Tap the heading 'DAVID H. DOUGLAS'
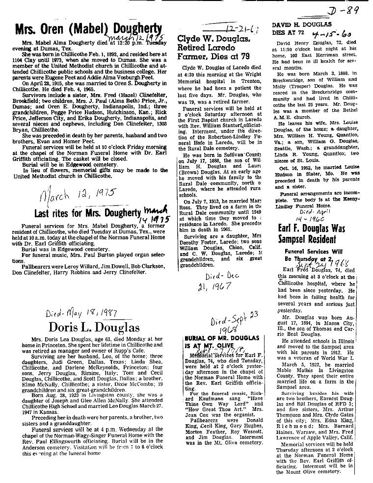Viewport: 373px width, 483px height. click(x=302, y=24)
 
